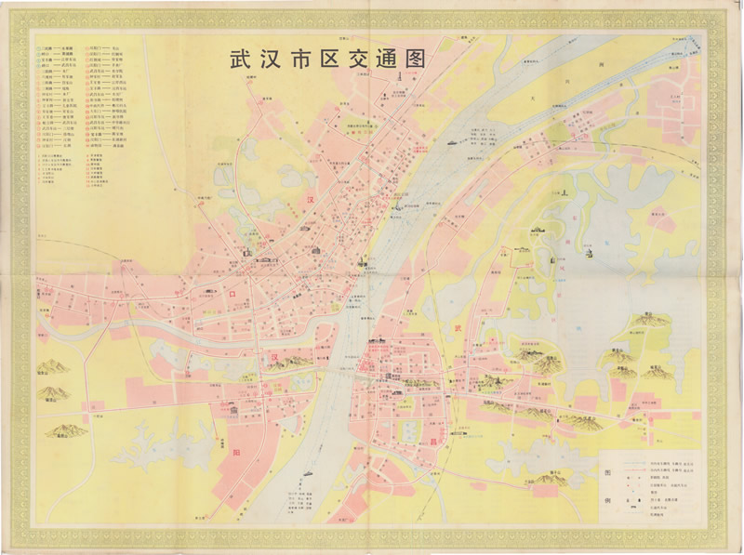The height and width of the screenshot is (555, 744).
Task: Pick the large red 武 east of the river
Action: coord(457,329)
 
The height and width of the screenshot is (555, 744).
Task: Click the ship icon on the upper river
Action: coord(449,144)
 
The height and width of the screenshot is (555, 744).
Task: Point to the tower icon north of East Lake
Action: coord(563,192)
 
